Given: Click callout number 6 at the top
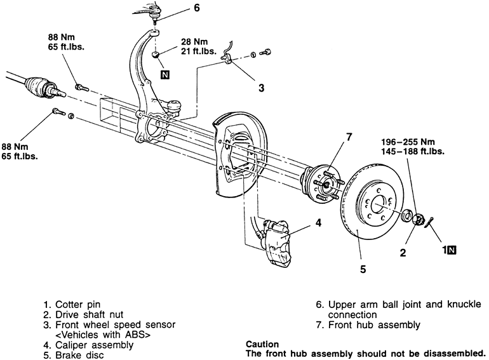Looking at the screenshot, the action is [196, 8].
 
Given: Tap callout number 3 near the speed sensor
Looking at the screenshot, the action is [262, 88].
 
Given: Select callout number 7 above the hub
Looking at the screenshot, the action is [349, 137].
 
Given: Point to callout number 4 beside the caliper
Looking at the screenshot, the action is [318, 223].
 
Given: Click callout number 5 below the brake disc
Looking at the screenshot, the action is [363, 269].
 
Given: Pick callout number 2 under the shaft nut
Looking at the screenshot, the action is [403, 253].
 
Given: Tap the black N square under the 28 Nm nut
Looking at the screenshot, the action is [165, 75].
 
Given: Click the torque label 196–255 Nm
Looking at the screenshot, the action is [408, 142].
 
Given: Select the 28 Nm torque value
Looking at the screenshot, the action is [194, 41].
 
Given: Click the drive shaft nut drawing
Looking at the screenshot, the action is [417, 220].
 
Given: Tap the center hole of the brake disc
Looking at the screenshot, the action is [379, 204].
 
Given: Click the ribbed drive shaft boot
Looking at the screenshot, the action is [36, 85].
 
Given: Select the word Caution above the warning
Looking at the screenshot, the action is [262, 344].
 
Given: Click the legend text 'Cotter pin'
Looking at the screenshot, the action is [77, 304].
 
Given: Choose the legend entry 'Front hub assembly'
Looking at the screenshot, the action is [374, 325].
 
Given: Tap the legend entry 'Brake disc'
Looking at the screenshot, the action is [79, 356].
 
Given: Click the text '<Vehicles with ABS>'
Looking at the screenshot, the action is [103, 335].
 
